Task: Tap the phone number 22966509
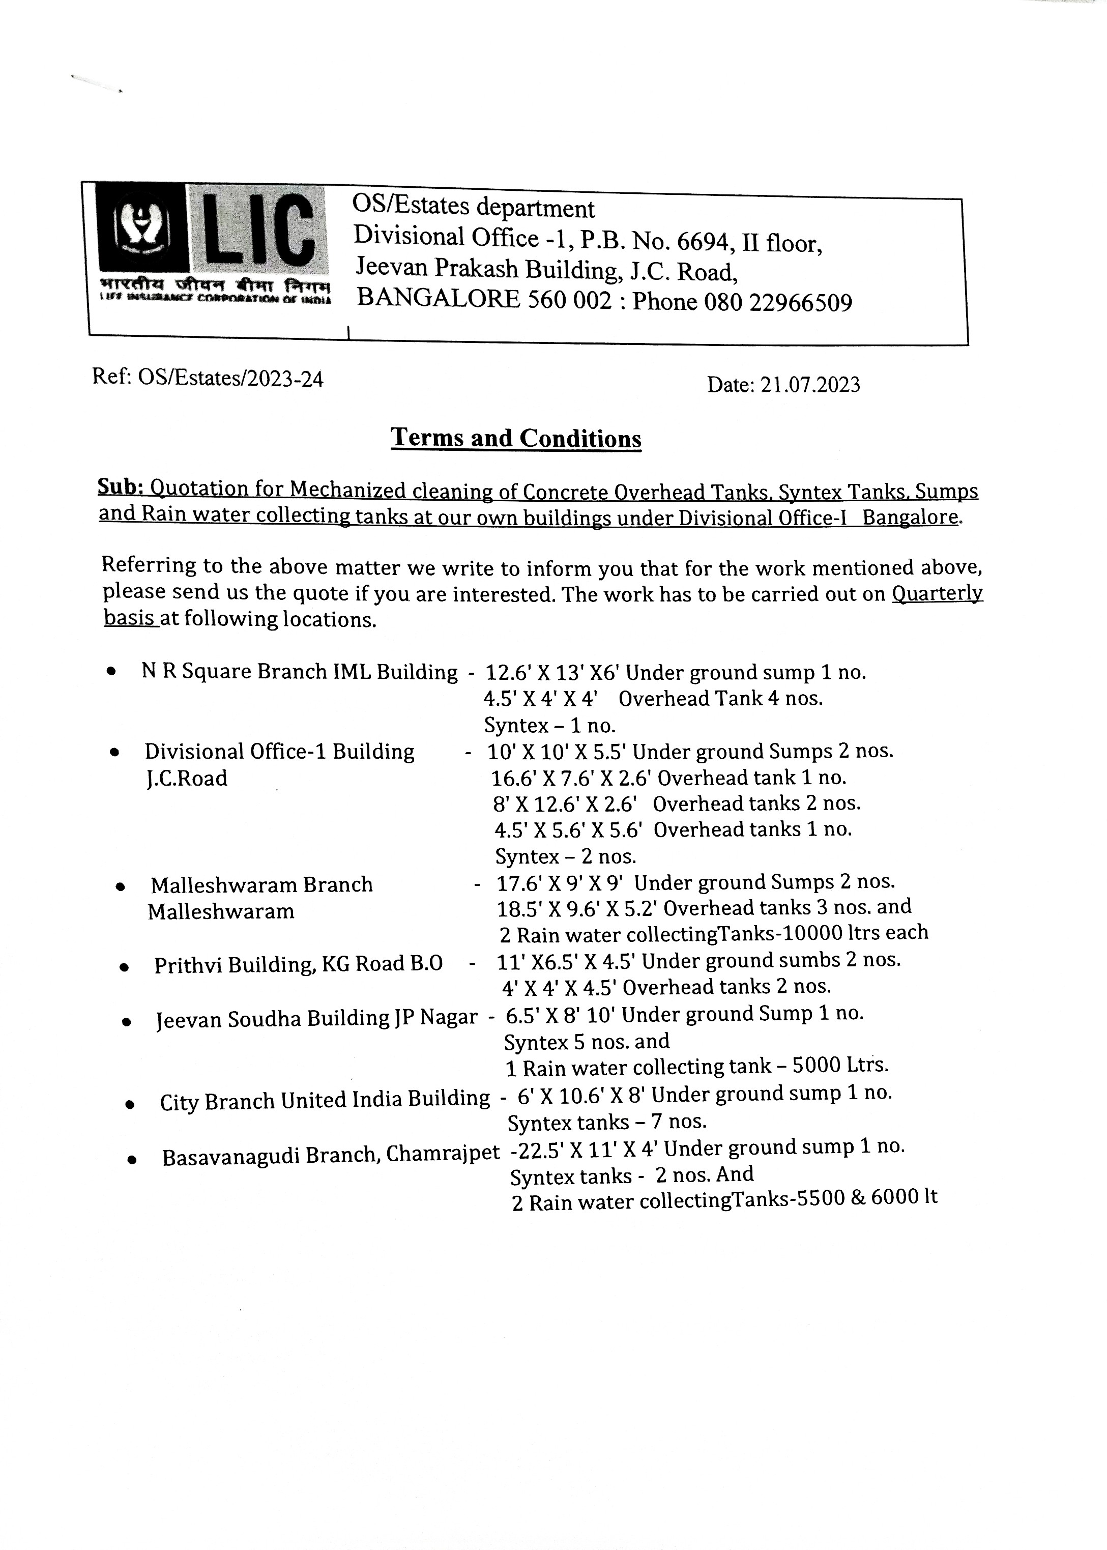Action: click(x=800, y=302)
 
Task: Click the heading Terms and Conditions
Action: click(x=516, y=438)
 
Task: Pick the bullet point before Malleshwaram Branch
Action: click(x=121, y=887)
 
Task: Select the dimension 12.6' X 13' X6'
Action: click(x=551, y=673)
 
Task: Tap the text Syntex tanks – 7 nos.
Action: click(x=607, y=1121)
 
